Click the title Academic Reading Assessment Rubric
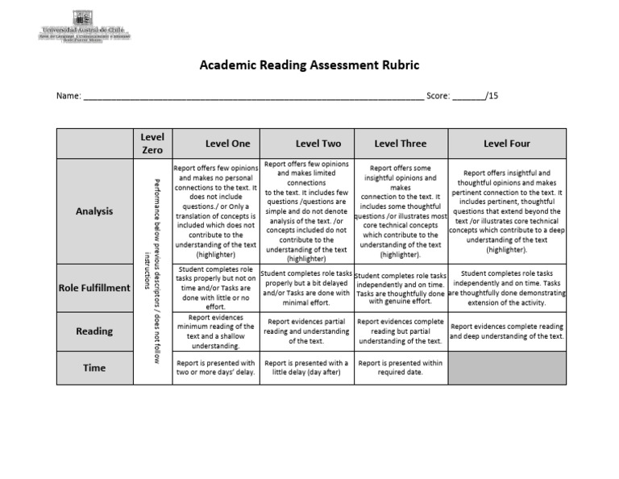coord(309,66)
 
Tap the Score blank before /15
coord(467,96)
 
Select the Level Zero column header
coord(152,144)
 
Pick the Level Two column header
coord(306,144)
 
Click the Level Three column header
coord(401,144)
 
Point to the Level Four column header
coord(507,144)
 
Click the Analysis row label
coord(94,211)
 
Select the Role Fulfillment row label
coord(94,288)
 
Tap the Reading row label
coord(94,331)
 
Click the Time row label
coord(94,368)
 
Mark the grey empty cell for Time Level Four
coord(507,368)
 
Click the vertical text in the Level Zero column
coord(152,270)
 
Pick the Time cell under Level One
coord(216,368)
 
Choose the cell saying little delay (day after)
coord(306,368)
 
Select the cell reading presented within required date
coord(401,368)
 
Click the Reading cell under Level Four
coord(507,331)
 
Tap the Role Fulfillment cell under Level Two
coord(306,288)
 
